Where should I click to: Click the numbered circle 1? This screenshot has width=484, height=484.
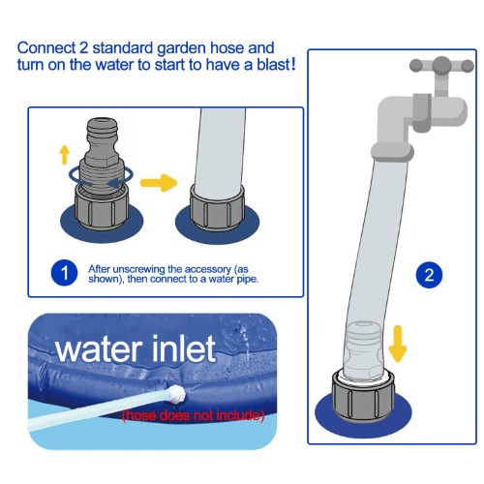pos(64,273)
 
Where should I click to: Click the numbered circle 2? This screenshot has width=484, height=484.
pos(429,275)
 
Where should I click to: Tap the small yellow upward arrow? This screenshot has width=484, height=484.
pos(65,155)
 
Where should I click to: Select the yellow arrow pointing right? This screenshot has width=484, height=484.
pos(159,183)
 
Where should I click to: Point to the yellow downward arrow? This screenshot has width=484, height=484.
pos(398,344)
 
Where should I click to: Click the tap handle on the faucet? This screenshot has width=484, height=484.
pos(441,65)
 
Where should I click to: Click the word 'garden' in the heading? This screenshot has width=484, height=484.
pos(181,48)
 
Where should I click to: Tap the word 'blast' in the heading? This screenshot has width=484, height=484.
pos(274,65)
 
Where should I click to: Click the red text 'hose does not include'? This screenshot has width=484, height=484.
pos(193,415)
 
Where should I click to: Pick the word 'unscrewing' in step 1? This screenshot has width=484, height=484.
pos(140,269)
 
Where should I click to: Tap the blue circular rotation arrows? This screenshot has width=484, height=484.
pos(101,177)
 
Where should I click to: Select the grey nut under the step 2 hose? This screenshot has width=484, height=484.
pos(363,396)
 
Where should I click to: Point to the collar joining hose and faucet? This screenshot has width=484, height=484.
pos(392,152)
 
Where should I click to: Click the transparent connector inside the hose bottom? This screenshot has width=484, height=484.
pos(363,348)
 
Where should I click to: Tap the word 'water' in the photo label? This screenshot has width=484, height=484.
pos(99,349)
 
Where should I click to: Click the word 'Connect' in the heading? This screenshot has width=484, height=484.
pos(46,48)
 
